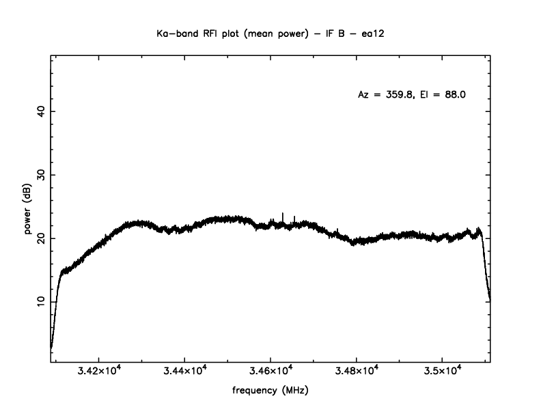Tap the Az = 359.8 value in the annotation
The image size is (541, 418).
click(386, 95)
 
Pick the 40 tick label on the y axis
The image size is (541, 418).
click(40, 111)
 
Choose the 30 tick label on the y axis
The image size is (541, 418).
click(40, 175)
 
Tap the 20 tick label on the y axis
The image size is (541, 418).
click(40, 238)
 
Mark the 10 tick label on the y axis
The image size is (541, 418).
click(40, 301)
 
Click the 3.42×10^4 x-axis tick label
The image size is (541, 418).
click(100, 372)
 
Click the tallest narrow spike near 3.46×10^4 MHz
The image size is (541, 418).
click(283, 214)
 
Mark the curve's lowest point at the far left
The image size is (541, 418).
click(51, 348)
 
